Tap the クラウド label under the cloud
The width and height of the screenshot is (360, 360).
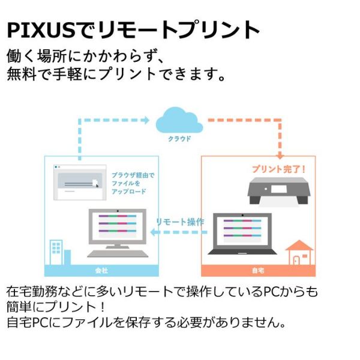point(179,139)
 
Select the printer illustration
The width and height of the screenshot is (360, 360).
point(280,191)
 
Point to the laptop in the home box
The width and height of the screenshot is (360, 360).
point(242,235)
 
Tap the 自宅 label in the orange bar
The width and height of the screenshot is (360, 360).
point(258,270)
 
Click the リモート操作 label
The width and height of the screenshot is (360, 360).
point(180,221)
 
